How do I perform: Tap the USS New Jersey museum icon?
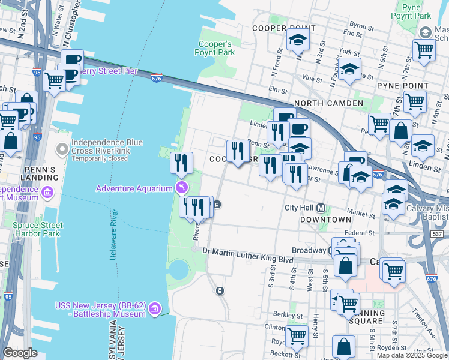[155, 309]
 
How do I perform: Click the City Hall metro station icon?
[321, 208]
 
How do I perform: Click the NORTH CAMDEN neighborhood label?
[328, 103]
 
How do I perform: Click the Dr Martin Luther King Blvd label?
[247, 251]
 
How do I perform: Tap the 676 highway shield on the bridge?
[157, 79]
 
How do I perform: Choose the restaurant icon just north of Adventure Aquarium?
[181, 162]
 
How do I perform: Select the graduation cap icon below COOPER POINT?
[297, 40]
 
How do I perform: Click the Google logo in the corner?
[20, 353]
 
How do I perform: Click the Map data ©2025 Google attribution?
[412, 355]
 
